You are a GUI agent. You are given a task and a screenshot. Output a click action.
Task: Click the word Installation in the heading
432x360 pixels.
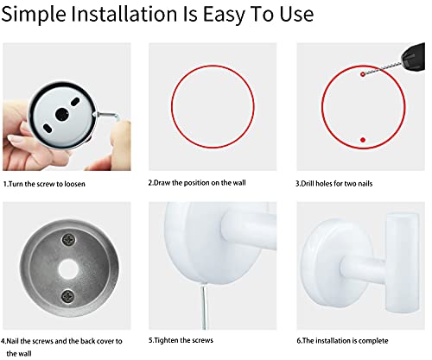click(124, 14)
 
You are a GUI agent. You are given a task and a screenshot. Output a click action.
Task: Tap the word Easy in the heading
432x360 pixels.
click(224, 15)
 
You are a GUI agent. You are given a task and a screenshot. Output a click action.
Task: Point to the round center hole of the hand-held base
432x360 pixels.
click(62, 115)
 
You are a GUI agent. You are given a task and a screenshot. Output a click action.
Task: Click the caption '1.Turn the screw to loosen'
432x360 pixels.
click(44, 184)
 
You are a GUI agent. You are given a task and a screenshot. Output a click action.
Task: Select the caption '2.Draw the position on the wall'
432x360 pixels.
click(197, 183)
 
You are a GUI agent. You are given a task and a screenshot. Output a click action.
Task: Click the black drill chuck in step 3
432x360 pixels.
click(413, 57)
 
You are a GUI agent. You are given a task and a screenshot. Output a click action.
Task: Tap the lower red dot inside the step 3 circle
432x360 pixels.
click(363, 140)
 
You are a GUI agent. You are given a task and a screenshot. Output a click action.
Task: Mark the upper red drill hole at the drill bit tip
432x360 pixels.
click(363, 74)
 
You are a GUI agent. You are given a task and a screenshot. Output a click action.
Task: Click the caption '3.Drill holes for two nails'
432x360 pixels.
click(334, 184)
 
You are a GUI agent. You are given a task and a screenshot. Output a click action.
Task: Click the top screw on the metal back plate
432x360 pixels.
click(69, 239)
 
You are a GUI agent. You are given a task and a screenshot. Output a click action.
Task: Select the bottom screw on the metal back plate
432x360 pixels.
click(68, 296)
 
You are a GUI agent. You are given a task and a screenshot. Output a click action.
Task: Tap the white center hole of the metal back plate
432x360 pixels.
click(68, 268)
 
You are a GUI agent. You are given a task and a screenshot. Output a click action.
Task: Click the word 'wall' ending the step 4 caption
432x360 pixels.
click(24, 354)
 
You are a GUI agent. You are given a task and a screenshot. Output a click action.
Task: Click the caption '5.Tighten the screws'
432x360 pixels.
click(181, 340)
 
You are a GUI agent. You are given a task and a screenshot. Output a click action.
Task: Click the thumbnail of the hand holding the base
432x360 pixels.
click(67, 107)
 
